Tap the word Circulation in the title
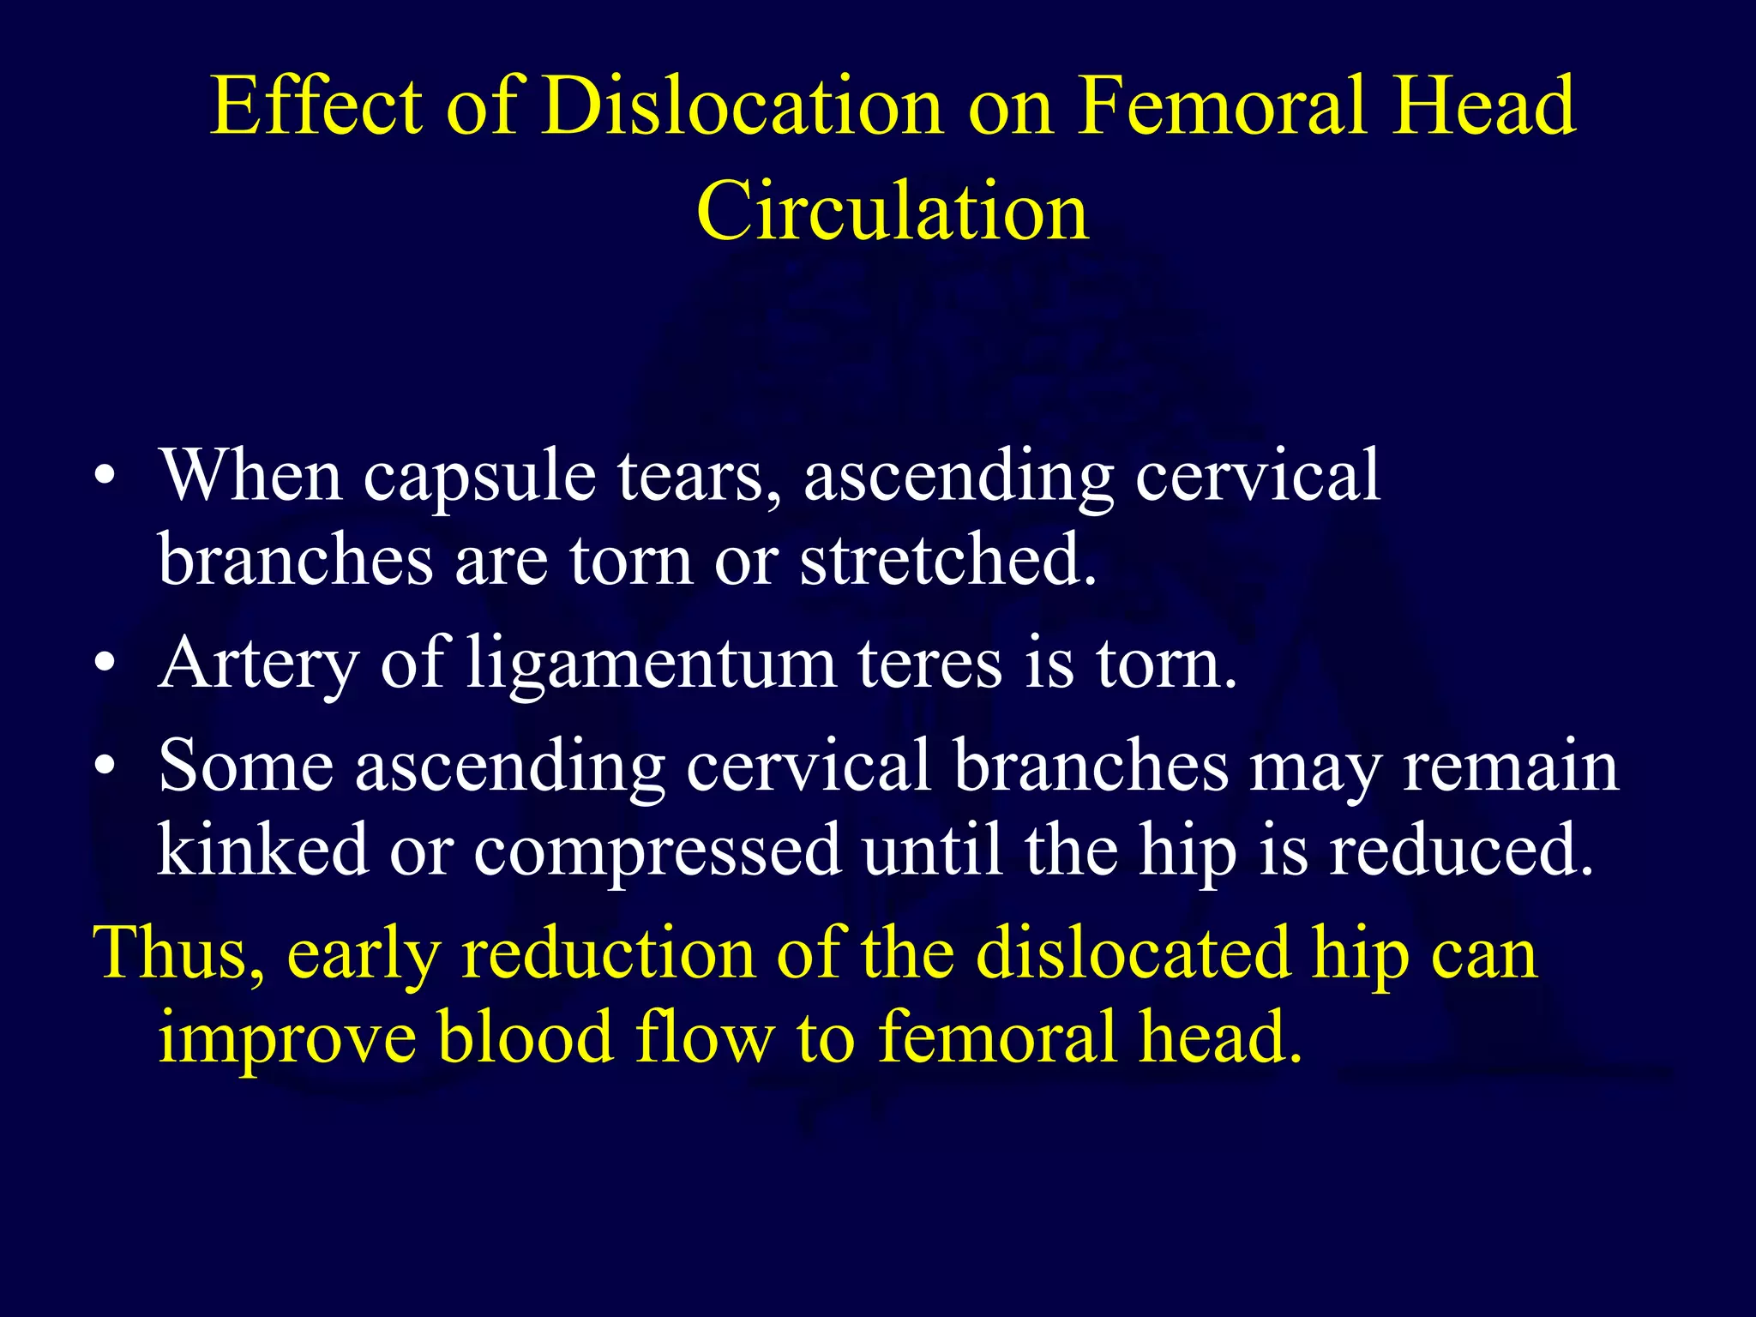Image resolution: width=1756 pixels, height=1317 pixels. pos(892,211)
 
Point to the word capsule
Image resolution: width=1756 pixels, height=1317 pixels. pos(479,477)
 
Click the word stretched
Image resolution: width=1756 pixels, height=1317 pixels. pos(947,560)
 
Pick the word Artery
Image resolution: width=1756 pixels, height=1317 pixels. pos(258,665)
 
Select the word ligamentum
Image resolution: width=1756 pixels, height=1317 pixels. pos(651,665)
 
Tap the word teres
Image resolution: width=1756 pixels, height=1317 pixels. pos(929,665)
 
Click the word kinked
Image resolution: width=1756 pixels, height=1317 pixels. pos(262,849)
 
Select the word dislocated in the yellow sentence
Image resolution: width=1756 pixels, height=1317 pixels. pos(1133,953)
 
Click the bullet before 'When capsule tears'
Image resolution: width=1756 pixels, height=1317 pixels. pos(105,477)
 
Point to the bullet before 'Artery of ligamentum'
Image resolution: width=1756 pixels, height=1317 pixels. pos(105,665)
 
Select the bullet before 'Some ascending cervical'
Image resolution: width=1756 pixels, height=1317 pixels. pos(105,766)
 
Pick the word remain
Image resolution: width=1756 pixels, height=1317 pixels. pos(1510,766)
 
